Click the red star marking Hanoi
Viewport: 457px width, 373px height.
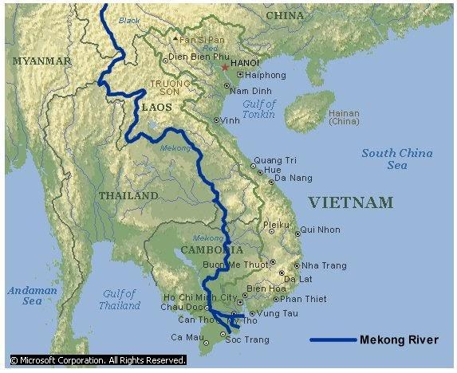pos(225,67)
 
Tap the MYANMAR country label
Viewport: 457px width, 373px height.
pos(41,61)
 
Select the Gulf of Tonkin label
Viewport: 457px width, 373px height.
pos(258,109)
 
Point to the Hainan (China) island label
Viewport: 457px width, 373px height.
pos(344,117)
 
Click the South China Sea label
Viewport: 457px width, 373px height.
pos(397,159)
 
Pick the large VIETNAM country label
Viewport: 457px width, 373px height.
pos(351,202)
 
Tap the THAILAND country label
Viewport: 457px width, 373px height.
pos(128,195)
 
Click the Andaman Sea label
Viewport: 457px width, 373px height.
pos(32,296)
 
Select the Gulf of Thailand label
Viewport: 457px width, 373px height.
pos(120,300)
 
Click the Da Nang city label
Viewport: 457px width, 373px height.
pos(294,178)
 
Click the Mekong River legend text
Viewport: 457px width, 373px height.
pos(399,340)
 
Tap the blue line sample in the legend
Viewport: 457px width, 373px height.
pos(332,340)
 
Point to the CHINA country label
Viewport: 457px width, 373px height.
pos(286,15)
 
